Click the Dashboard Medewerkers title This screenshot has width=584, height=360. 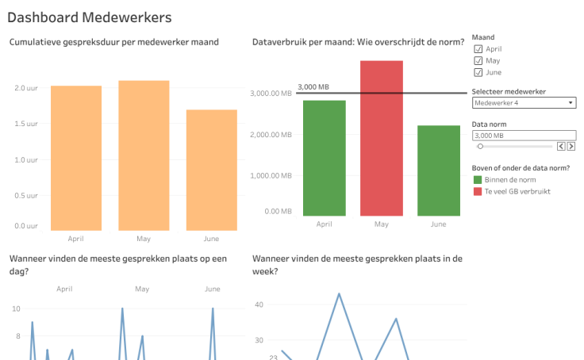tap(89, 17)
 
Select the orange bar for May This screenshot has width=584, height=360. tap(144, 155)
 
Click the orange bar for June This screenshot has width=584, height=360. tap(212, 170)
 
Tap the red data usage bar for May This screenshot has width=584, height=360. tap(382, 138)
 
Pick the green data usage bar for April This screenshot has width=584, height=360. tap(324, 158)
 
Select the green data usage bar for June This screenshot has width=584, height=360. tap(438, 170)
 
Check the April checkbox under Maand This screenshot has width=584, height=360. tap(478, 49)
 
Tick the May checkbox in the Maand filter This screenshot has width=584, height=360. tap(478, 60)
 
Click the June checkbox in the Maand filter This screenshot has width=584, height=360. tap(478, 72)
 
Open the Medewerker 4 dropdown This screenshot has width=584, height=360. tap(524, 102)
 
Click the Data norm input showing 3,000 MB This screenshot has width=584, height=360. tap(524, 136)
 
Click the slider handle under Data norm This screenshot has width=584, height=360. tap(480, 147)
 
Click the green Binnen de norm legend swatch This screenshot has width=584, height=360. tap(477, 180)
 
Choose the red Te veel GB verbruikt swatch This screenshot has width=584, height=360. tap(477, 191)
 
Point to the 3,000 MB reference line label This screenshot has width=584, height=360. tap(313, 87)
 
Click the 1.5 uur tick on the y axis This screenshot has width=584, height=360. tap(26, 124)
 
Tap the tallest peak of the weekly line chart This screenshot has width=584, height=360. tap(339, 294)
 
